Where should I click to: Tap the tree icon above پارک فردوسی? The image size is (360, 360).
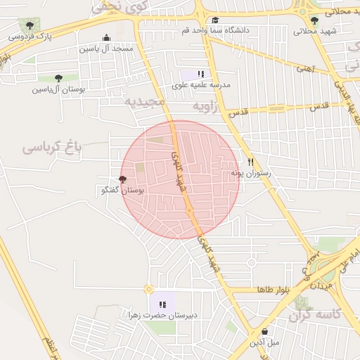click(29, 25)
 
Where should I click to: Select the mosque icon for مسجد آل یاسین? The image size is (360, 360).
click(106, 38)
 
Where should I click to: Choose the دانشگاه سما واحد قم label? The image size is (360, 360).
click(215, 30)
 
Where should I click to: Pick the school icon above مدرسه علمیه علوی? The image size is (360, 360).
click(201, 74)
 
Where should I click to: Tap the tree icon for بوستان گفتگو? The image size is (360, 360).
click(124, 179)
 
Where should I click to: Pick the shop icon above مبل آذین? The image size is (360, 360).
click(264, 332)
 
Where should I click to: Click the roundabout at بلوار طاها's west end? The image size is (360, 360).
click(148, 289)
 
